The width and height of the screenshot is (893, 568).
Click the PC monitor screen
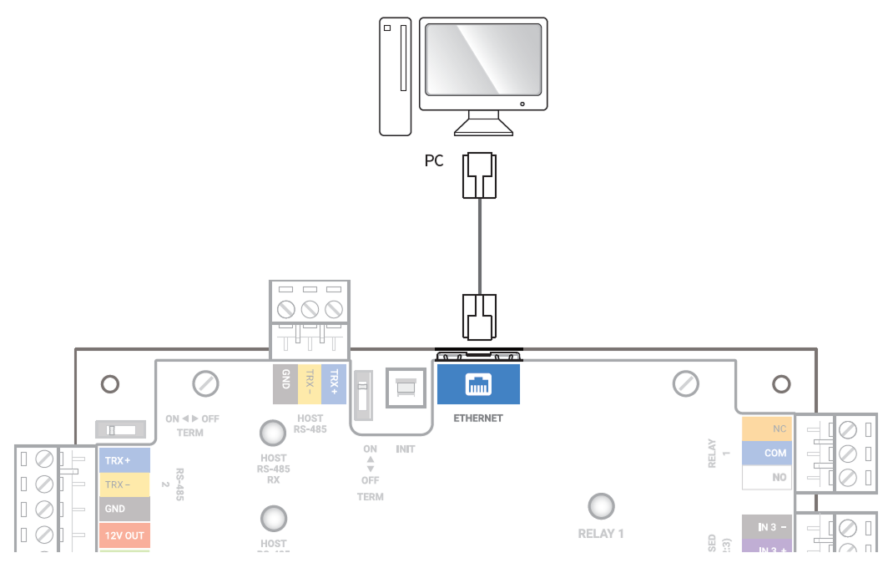(x=482, y=58)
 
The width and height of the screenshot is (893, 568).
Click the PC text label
(x=434, y=160)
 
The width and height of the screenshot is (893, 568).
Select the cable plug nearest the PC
(x=479, y=175)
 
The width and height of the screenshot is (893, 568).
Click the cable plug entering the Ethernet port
(x=479, y=317)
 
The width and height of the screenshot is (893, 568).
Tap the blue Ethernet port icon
(x=478, y=384)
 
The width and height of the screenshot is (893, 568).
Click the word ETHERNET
(x=478, y=418)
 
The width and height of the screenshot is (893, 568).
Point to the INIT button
(x=406, y=388)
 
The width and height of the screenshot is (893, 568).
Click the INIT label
(x=406, y=449)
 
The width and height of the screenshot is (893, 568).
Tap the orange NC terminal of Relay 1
(x=766, y=429)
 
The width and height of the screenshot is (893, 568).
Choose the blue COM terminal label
(x=766, y=453)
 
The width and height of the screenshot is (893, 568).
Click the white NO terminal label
(x=766, y=478)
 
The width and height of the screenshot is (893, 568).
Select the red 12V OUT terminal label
(x=124, y=535)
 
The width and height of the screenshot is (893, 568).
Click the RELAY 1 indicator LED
(x=601, y=506)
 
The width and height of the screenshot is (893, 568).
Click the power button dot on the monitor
(x=522, y=104)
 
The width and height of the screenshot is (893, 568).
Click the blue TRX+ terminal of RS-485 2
(x=124, y=460)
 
